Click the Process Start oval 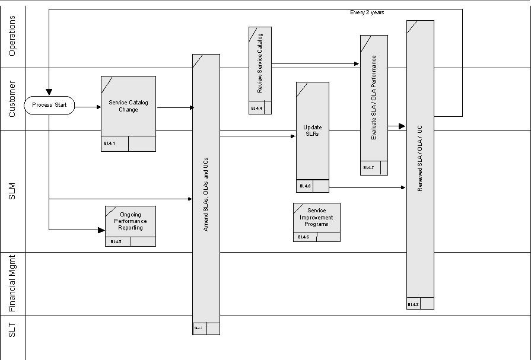click(49, 106)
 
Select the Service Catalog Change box click(128, 106)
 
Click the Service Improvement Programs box click(317, 218)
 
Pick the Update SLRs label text click(311, 130)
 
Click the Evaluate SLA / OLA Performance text click(374, 98)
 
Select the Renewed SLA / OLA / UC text click(420, 158)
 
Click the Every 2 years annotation click(367, 12)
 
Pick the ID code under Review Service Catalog click(256, 108)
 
